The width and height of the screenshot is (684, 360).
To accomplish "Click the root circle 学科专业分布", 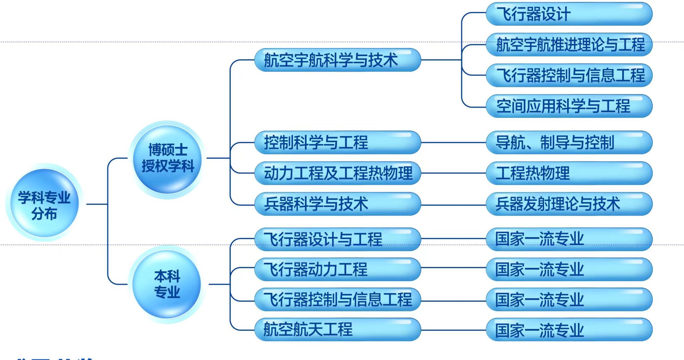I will pyautogui.click(x=44, y=203).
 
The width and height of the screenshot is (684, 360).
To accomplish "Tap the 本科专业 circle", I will pyautogui.click(x=167, y=284).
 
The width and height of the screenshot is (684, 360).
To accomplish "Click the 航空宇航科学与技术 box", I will pyautogui.click(x=337, y=60).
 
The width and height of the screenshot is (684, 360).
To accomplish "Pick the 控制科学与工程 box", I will pyautogui.click(x=337, y=143).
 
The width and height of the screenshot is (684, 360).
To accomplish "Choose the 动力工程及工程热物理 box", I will pyautogui.click(x=337, y=173).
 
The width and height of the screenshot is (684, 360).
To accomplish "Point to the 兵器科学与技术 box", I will pyautogui.click(x=337, y=204).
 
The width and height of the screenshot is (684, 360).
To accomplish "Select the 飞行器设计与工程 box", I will pyautogui.click(x=337, y=239).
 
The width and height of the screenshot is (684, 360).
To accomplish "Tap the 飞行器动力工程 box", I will pyautogui.click(x=337, y=269).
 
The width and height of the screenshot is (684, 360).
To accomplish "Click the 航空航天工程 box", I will pyautogui.click(x=337, y=330).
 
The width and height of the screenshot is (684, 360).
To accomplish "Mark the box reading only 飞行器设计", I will pyautogui.click(x=569, y=14).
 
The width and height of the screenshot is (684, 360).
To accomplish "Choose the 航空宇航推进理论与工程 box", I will pyautogui.click(x=569, y=45).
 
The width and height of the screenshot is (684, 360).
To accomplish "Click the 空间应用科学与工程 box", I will pyautogui.click(x=569, y=106).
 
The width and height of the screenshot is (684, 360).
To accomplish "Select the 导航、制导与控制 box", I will pyautogui.click(x=569, y=143).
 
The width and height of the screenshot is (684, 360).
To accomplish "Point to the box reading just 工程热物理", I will pyautogui.click(x=569, y=173).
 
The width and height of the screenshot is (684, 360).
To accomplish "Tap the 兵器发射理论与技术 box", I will pyautogui.click(x=569, y=204).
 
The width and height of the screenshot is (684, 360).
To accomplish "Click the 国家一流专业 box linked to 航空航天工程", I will pyautogui.click(x=569, y=330).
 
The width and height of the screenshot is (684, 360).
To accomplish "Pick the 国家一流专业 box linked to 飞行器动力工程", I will pyautogui.click(x=569, y=269).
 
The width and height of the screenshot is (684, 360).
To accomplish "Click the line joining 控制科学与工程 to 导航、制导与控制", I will pyautogui.click(x=453, y=143).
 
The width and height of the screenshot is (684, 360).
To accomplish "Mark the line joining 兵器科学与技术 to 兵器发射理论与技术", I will pyautogui.click(x=453, y=204).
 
